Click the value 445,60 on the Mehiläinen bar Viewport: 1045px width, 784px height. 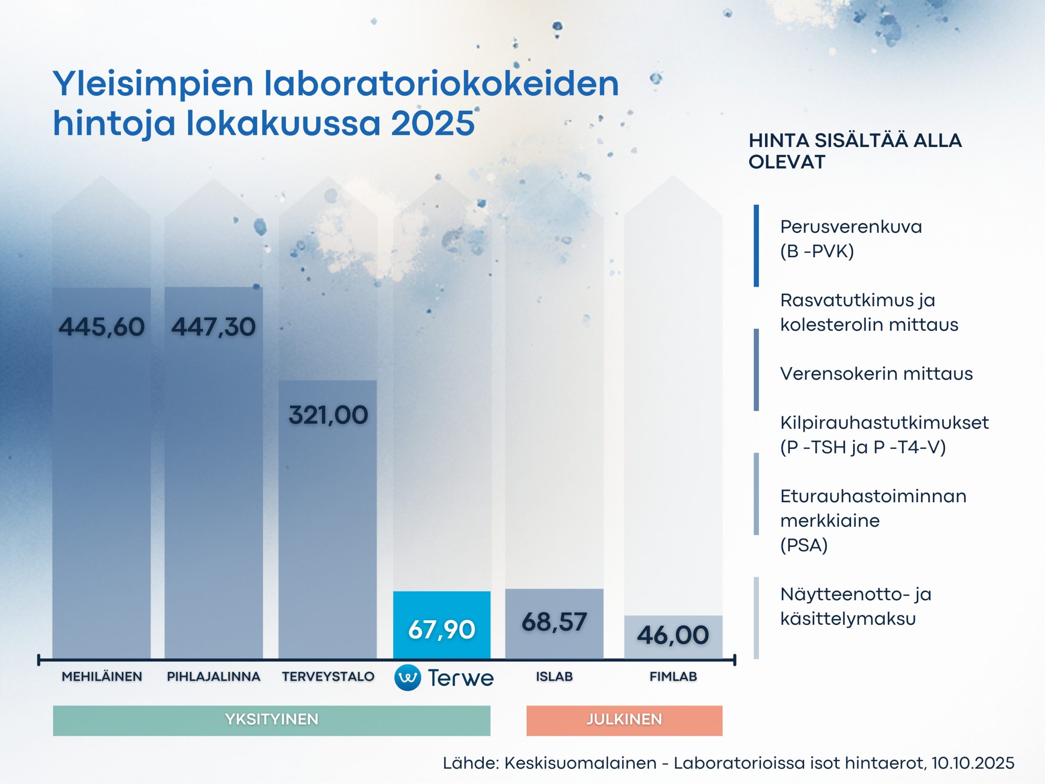pos(102,327)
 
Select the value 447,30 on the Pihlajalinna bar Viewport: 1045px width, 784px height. pos(213,327)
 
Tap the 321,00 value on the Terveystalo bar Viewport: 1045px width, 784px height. pos(328,415)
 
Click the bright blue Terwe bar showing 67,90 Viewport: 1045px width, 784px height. pos(442,625)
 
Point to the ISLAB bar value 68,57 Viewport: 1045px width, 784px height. pos(554,622)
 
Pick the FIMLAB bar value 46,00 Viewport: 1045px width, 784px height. pos(673,635)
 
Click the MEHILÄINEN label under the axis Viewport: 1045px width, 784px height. pos(102,677)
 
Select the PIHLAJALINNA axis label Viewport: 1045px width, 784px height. pos(213,677)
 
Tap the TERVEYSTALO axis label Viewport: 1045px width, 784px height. pos(328,677)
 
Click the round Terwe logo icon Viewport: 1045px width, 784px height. pos(408,678)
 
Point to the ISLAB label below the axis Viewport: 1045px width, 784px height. pos(554,677)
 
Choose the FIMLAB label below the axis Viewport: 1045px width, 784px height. pos(673,677)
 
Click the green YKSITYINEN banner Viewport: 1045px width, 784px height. pos(271,720)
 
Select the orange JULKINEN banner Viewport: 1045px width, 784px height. pos(624,720)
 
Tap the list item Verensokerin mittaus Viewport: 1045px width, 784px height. pos(876,374)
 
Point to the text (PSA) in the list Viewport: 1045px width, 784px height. pos(804,546)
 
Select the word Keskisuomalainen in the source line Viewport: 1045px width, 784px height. pos(580,763)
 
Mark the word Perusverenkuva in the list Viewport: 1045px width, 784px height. pos(851,227)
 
